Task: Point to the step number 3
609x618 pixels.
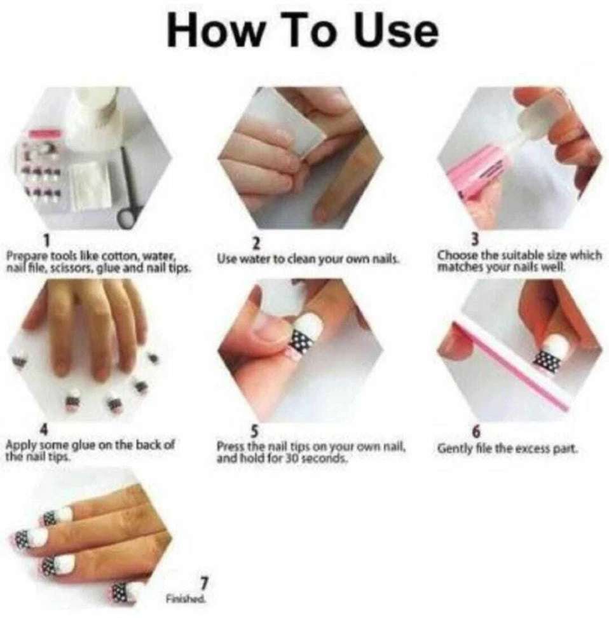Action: click(476, 239)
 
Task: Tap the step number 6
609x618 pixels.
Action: click(476, 432)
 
